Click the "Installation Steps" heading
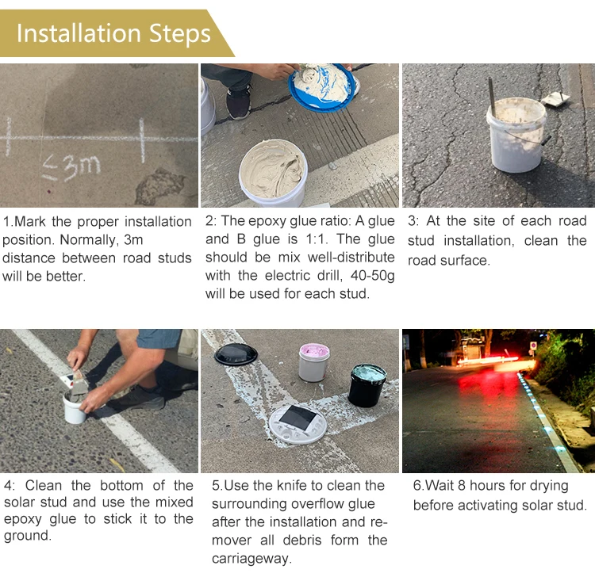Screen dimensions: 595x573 tap(113, 33)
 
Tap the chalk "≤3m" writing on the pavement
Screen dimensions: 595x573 tap(71, 167)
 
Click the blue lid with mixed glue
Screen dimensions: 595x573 tap(322, 88)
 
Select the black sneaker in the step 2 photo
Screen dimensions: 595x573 tap(238, 101)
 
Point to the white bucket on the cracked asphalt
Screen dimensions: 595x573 tap(516, 134)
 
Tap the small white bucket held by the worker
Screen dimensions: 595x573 tap(75, 408)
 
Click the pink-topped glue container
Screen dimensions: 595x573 tap(314, 362)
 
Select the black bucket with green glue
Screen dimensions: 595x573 tap(367, 385)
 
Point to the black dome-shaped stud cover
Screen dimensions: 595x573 tap(236, 354)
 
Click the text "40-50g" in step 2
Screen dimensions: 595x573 tap(372, 276)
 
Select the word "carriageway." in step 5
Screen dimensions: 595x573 tap(252, 559)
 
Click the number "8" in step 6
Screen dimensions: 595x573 tap(461, 486)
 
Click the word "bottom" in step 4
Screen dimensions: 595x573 tap(121, 486)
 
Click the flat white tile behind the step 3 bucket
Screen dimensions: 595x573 tap(555, 98)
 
